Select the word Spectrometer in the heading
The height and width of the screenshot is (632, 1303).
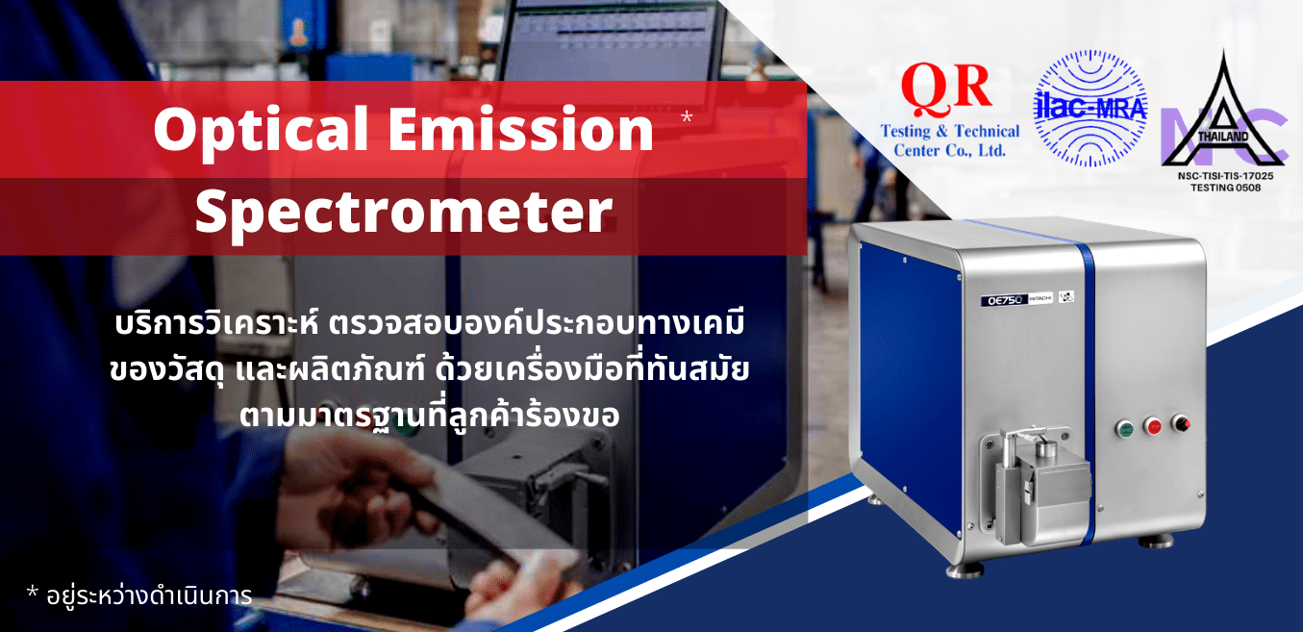404,211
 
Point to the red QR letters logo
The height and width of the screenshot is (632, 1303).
946,89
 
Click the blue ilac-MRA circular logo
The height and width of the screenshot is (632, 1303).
1090,109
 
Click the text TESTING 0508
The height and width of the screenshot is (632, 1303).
1224,188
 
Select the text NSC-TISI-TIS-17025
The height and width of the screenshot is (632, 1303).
1224,177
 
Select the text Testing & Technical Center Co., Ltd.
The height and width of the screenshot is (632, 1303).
950,140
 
